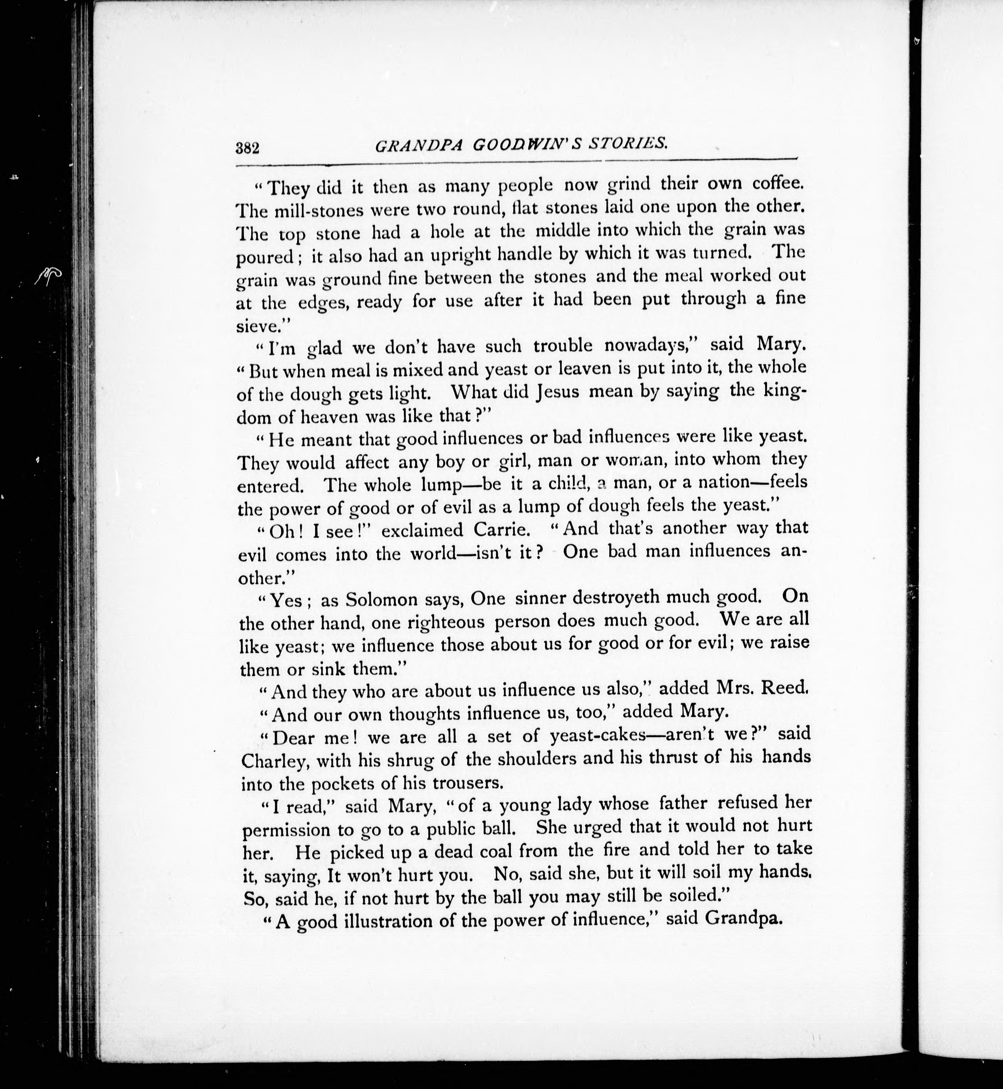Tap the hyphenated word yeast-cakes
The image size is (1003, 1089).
(598, 735)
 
